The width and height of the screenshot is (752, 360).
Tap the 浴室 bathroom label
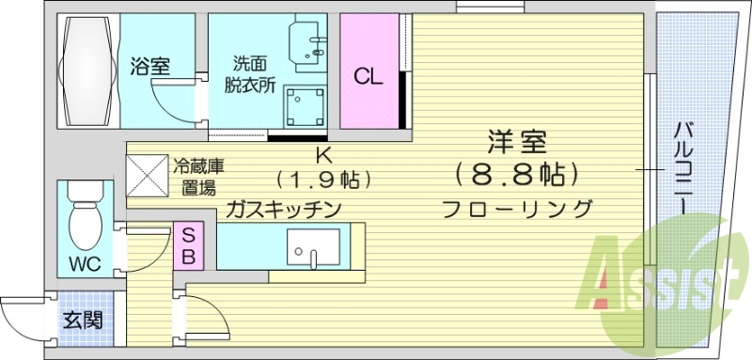[x=150, y=67]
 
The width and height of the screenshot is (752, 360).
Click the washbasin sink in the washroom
[x=310, y=43]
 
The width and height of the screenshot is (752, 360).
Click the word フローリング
[x=517, y=209]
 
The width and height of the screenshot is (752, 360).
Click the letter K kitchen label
[x=321, y=155]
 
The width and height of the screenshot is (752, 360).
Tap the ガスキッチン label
[x=282, y=209]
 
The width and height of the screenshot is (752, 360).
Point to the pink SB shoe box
[x=187, y=244]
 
